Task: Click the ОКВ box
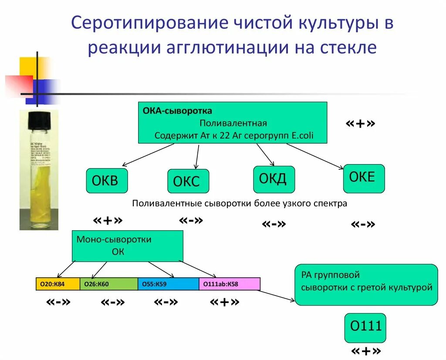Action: point(107,181)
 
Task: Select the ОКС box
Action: point(188,181)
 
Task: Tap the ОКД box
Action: point(274,179)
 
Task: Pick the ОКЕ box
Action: point(364,178)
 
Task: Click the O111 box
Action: point(365,327)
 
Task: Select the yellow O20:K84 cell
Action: point(58,284)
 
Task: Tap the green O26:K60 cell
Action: point(108,284)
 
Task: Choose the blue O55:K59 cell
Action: point(168,284)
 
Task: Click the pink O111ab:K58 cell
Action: point(230,284)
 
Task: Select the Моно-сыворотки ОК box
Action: point(127,246)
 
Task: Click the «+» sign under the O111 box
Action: point(365,351)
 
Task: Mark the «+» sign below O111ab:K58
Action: point(224,302)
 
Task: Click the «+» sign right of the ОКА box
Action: point(360,124)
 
